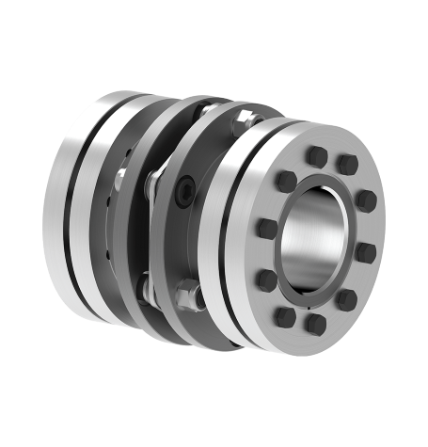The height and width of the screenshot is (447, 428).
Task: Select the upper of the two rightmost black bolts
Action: click(x=367, y=200)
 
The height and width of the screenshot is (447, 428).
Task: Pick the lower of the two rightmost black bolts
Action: click(x=366, y=252)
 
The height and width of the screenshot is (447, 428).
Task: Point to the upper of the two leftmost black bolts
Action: click(x=266, y=228)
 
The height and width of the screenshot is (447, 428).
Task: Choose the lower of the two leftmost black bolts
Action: click(x=267, y=279)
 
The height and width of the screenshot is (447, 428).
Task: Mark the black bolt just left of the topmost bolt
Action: click(x=285, y=179)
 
